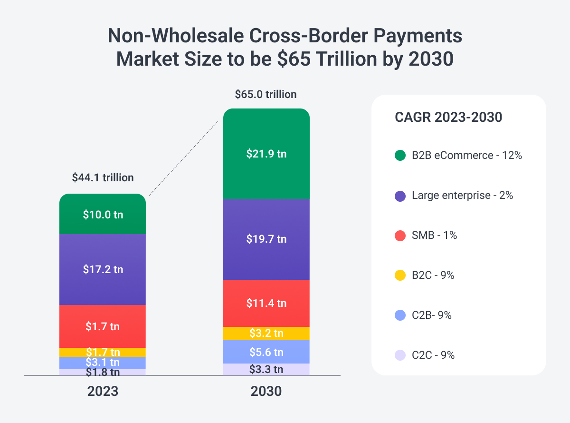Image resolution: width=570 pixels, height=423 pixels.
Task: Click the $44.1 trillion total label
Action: (103, 177)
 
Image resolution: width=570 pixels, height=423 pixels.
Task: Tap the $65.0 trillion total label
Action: (266, 94)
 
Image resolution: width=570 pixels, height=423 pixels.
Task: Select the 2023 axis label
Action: (103, 391)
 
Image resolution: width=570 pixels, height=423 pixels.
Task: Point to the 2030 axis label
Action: (266, 391)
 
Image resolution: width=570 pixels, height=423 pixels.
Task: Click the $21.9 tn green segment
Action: (266, 154)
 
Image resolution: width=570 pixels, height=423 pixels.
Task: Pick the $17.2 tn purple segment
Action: (103, 269)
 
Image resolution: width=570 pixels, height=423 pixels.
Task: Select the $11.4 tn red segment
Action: (266, 303)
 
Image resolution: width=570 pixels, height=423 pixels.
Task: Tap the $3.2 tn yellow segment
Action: (266, 333)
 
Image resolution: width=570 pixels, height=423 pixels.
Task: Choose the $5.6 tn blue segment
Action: (266, 352)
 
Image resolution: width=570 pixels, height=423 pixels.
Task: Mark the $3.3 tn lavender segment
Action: (266, 369)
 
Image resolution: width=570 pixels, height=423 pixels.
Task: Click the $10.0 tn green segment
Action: (103, 214)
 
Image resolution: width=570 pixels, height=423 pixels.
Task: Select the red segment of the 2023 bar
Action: (103, 326)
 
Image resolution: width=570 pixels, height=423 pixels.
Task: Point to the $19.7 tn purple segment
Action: (266, 239)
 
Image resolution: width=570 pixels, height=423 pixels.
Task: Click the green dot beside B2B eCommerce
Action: (400, 156)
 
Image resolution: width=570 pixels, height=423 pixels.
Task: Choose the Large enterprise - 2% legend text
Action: (462, 195)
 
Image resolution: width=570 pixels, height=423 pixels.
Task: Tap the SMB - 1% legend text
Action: (434, 235)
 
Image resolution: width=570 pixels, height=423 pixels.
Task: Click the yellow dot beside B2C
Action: (400, 275)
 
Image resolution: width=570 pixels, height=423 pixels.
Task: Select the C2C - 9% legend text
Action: (433, 355)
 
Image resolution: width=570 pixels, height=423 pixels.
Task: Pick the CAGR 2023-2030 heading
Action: (448, 117)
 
